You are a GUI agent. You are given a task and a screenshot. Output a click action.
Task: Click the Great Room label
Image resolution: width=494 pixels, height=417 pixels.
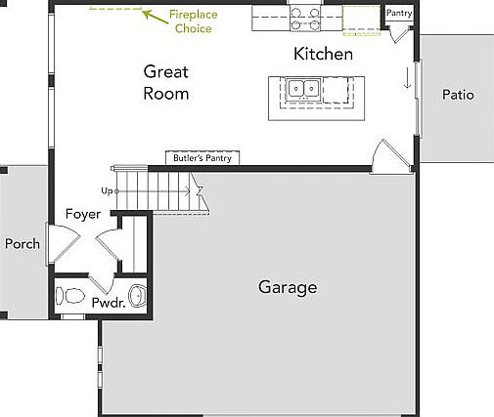tap(165, 82)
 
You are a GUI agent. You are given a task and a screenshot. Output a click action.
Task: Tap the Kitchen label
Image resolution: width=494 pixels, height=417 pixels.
tap(323, 54)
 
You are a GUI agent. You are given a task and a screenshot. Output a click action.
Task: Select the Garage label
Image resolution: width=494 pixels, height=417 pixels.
tap(288, 287)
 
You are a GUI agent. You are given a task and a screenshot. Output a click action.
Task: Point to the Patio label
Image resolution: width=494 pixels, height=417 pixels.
tap(457, 95)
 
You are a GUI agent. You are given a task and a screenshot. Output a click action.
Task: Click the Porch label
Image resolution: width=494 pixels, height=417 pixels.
tap(22, 243)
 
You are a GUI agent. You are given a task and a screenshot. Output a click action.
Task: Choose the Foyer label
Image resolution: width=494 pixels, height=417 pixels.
tap(83, 214)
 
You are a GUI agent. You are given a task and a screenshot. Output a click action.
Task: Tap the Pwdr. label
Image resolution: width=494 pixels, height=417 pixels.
tap(108, 303)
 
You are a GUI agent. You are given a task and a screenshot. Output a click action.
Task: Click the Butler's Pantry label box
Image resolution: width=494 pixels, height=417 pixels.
tap(203, 157)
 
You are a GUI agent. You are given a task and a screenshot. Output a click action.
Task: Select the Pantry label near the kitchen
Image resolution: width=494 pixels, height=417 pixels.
tap(399, 14)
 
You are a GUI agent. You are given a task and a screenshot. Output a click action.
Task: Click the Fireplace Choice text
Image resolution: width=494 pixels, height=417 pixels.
tap(193, 21)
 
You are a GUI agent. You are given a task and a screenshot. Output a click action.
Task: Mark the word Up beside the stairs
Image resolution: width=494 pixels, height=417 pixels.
tap(107, 190)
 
